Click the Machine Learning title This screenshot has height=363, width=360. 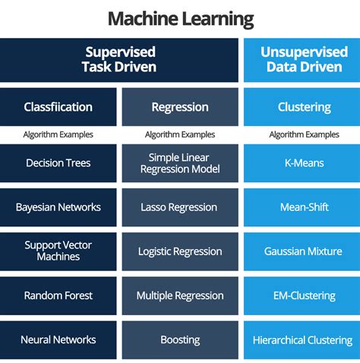180,18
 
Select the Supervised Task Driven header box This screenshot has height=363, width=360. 120,60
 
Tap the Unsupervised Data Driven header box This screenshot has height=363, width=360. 302,60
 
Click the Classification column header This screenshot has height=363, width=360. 58,107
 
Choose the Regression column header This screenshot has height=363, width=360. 180,107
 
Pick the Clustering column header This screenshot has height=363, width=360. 302,107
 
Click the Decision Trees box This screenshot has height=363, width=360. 58,163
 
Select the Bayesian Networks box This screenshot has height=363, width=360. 58,207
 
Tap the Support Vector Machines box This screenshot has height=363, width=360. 58,251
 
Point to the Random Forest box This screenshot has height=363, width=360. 58,295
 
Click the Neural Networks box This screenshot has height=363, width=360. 58,339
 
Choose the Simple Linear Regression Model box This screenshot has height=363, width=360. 180,163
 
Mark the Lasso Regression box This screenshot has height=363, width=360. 180,207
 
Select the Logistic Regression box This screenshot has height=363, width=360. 180,251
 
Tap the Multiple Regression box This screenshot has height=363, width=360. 180,295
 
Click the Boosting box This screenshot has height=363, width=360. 180,339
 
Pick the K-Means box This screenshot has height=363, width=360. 302,163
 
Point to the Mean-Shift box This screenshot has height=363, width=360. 302,207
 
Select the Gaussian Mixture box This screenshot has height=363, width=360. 302,251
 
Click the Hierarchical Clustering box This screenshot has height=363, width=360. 302,339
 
